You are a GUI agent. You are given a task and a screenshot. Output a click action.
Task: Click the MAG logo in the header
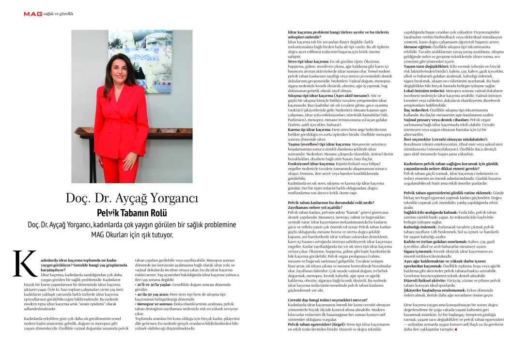pos(33,14)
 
